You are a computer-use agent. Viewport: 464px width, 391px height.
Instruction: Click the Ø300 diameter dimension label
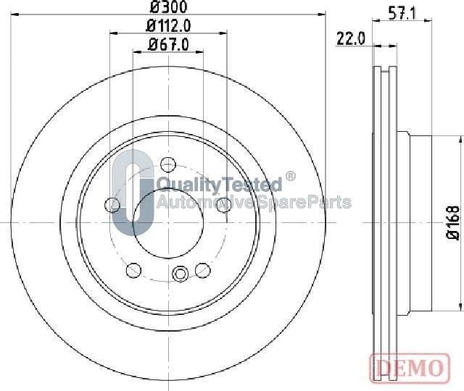click(168, 7)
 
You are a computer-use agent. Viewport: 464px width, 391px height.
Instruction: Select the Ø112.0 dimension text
click(168, 26)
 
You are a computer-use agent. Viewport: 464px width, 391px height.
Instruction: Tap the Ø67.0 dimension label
click(168, 45)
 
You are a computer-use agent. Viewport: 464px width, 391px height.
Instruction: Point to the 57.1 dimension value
click(402, 13)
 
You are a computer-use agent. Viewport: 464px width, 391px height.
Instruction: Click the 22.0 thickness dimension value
click(351, 38)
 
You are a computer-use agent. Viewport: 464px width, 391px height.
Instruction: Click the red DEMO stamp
click(410, 369)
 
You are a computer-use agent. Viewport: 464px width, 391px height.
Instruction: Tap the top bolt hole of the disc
click(168, 164)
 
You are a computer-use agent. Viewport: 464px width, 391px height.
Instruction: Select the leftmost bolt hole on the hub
click(112, 204)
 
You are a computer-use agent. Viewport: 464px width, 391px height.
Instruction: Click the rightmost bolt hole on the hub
click(224, 204)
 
